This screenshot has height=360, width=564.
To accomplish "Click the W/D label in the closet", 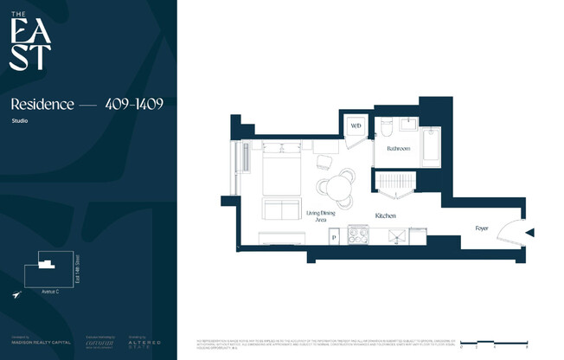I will coord(356,126).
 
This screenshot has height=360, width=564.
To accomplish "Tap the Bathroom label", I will coord(399,149).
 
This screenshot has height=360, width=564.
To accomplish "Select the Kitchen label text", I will coord(386,215).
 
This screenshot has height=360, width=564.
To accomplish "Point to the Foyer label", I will coord(482,228).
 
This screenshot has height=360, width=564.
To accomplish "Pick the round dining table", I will coord(334,186).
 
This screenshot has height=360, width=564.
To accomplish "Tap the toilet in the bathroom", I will coord(388,128).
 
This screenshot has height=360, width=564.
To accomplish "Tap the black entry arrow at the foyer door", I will coord(530,232).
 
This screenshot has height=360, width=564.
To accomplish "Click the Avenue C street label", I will coord(51,291).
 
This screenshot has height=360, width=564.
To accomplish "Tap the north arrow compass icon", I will coord(16,295).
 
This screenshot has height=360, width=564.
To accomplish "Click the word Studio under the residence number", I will coord(19,120).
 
